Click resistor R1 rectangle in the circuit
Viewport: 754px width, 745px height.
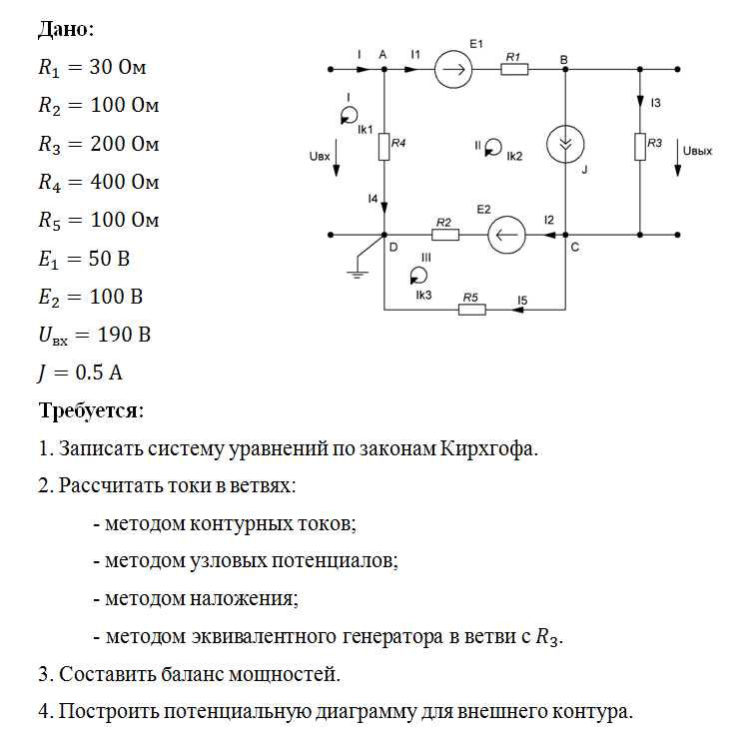click(514, 69)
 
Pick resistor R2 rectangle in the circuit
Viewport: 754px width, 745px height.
click(445, 235)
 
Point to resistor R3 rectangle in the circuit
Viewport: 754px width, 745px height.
click(640, 147)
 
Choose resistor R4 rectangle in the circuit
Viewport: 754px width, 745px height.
click(383, 147)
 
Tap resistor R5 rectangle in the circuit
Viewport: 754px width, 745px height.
click(472, 310)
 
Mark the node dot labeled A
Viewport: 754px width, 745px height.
click(384, 69)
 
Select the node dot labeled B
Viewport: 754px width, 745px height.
click(565, 69)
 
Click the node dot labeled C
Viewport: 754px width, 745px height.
click(565, 235)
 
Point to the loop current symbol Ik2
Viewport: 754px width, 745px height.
click(493, 147)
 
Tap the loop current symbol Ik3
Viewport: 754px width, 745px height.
click(418, 276)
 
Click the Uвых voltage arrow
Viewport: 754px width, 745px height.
click(677, 158)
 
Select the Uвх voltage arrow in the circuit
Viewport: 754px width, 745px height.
click(337, 158)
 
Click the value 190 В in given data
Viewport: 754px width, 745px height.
click(124, 335)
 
